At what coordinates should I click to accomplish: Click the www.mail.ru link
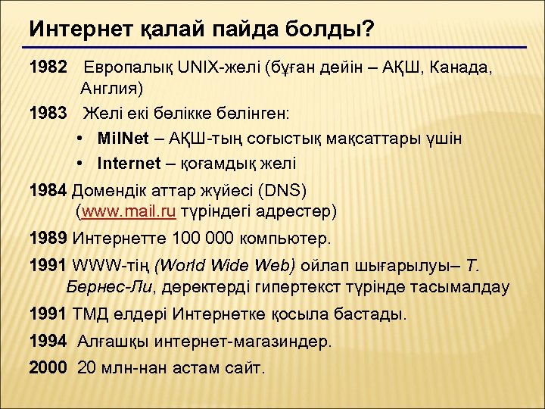coord(128,211)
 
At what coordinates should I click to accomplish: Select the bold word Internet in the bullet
coord(129,163)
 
